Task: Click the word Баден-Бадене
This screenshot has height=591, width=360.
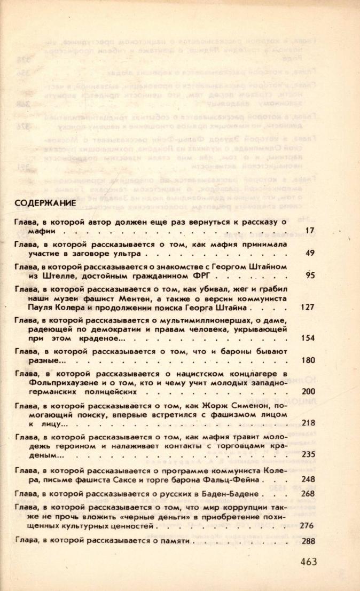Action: (x=236, y=494)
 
